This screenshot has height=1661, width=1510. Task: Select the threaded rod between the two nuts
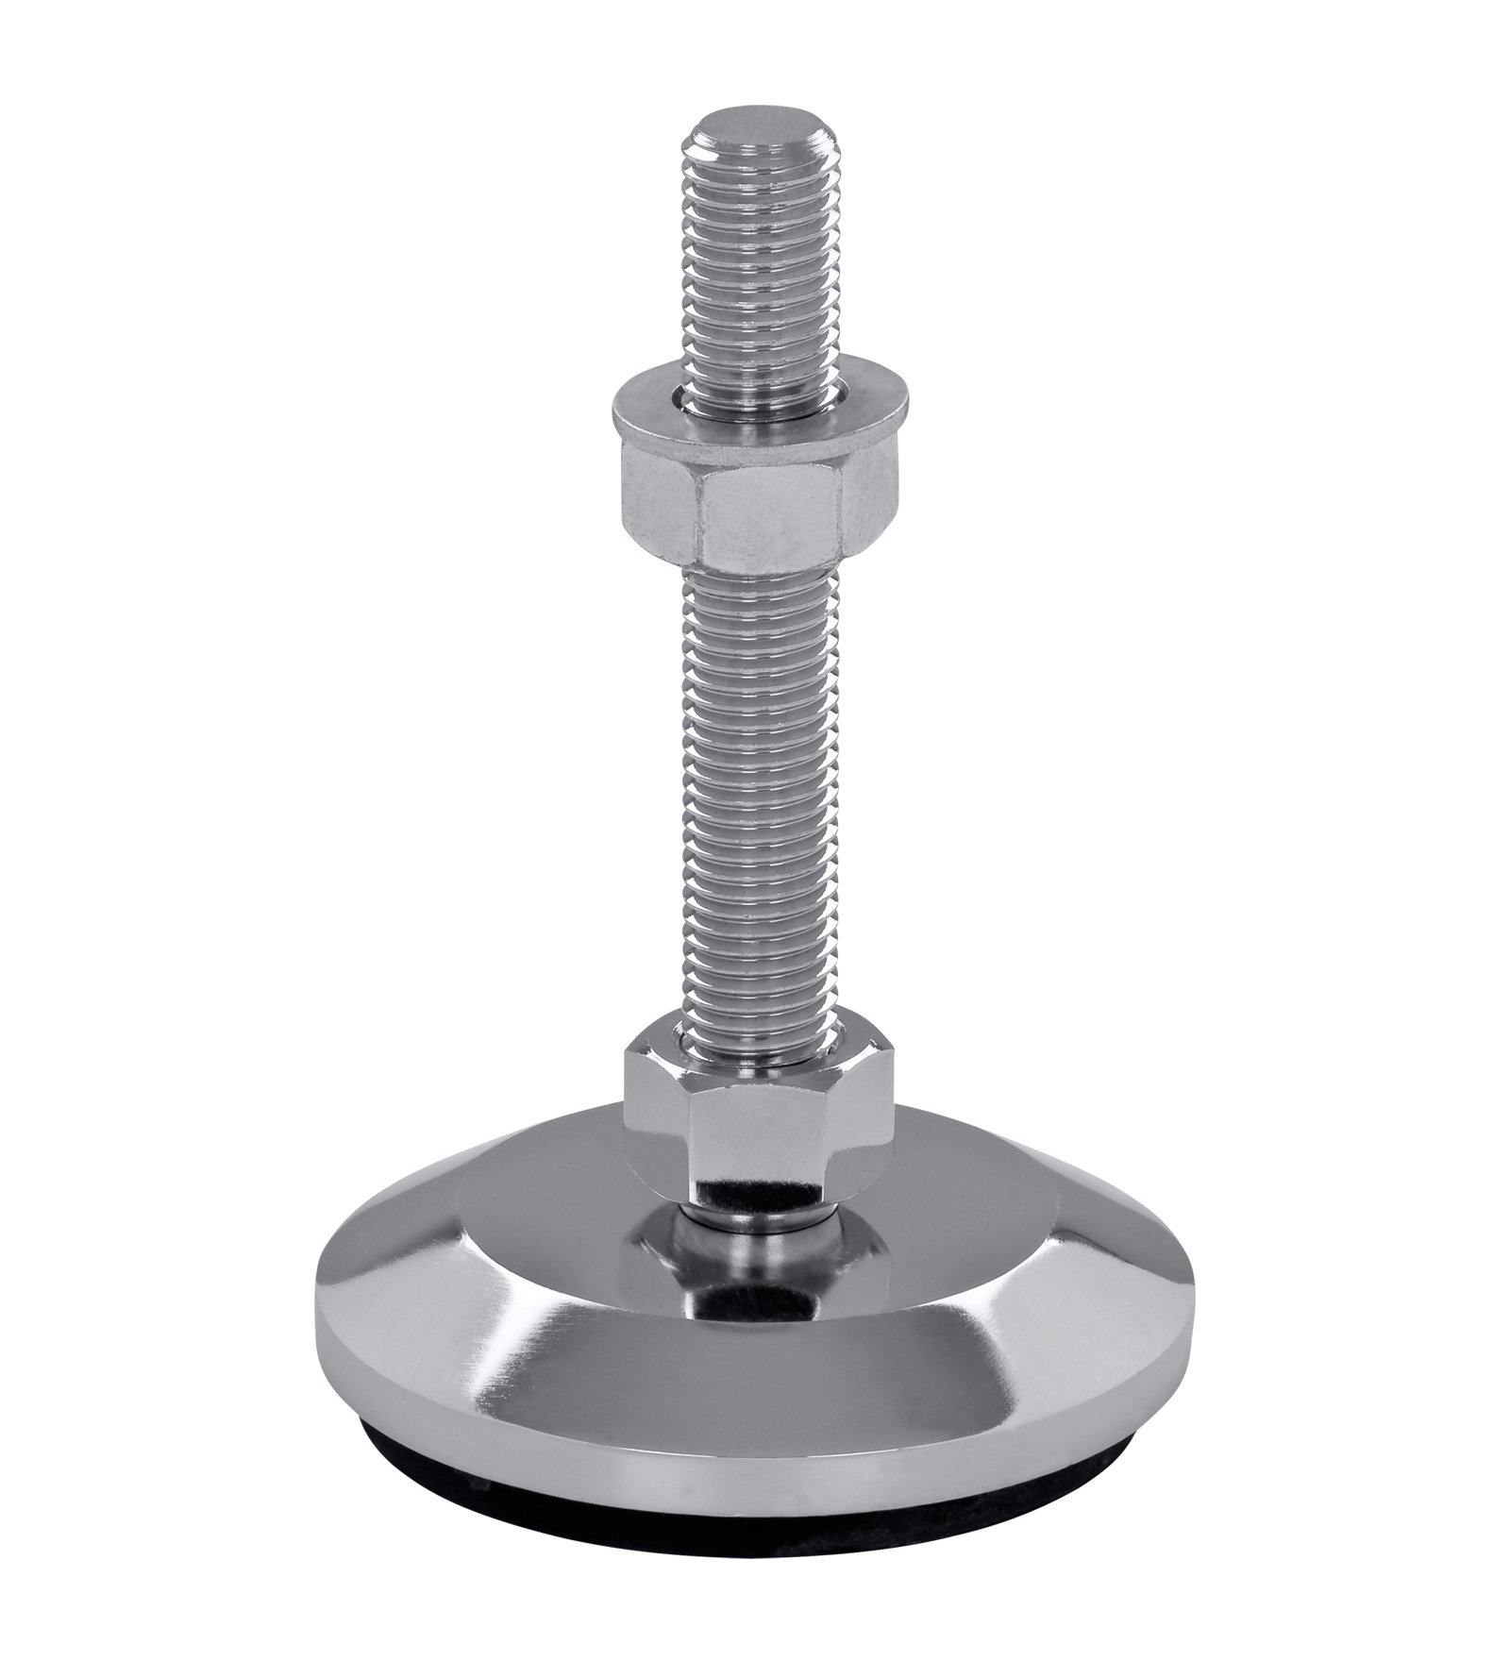pyautogui.click(x=761, y=802)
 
